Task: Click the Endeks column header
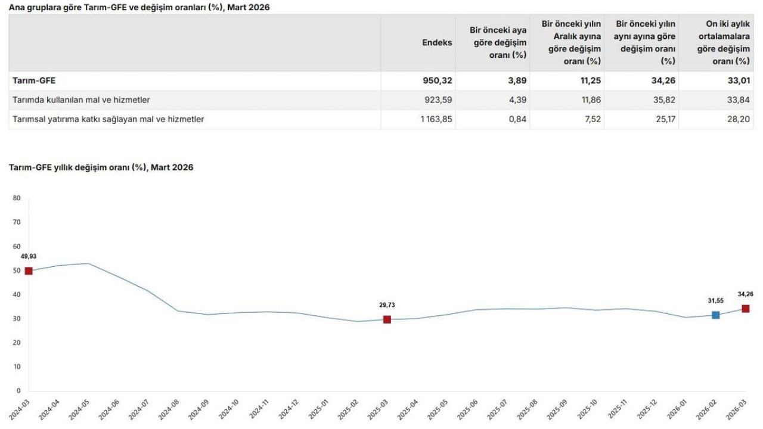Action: pos(437,42)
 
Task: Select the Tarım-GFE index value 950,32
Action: pos(438,80)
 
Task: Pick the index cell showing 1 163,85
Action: pos(436,119)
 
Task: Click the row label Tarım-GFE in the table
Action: pos(34,80)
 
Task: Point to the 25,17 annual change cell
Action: pos(666,119)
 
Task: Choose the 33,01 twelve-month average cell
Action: pos(740,80)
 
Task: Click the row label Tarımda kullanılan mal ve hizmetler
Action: pos(81,100)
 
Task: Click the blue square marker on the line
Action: pos(716,315)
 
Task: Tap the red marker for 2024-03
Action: pos(29,271)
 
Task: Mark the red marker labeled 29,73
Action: pos(387,319)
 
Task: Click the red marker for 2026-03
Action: pos(746,309)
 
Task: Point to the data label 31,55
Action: pos(716,301)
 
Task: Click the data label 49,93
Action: pos(29,256)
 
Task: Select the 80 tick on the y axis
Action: pos(17,198)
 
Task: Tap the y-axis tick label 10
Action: pos(17,366)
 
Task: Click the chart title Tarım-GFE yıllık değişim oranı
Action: pos(78,167)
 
